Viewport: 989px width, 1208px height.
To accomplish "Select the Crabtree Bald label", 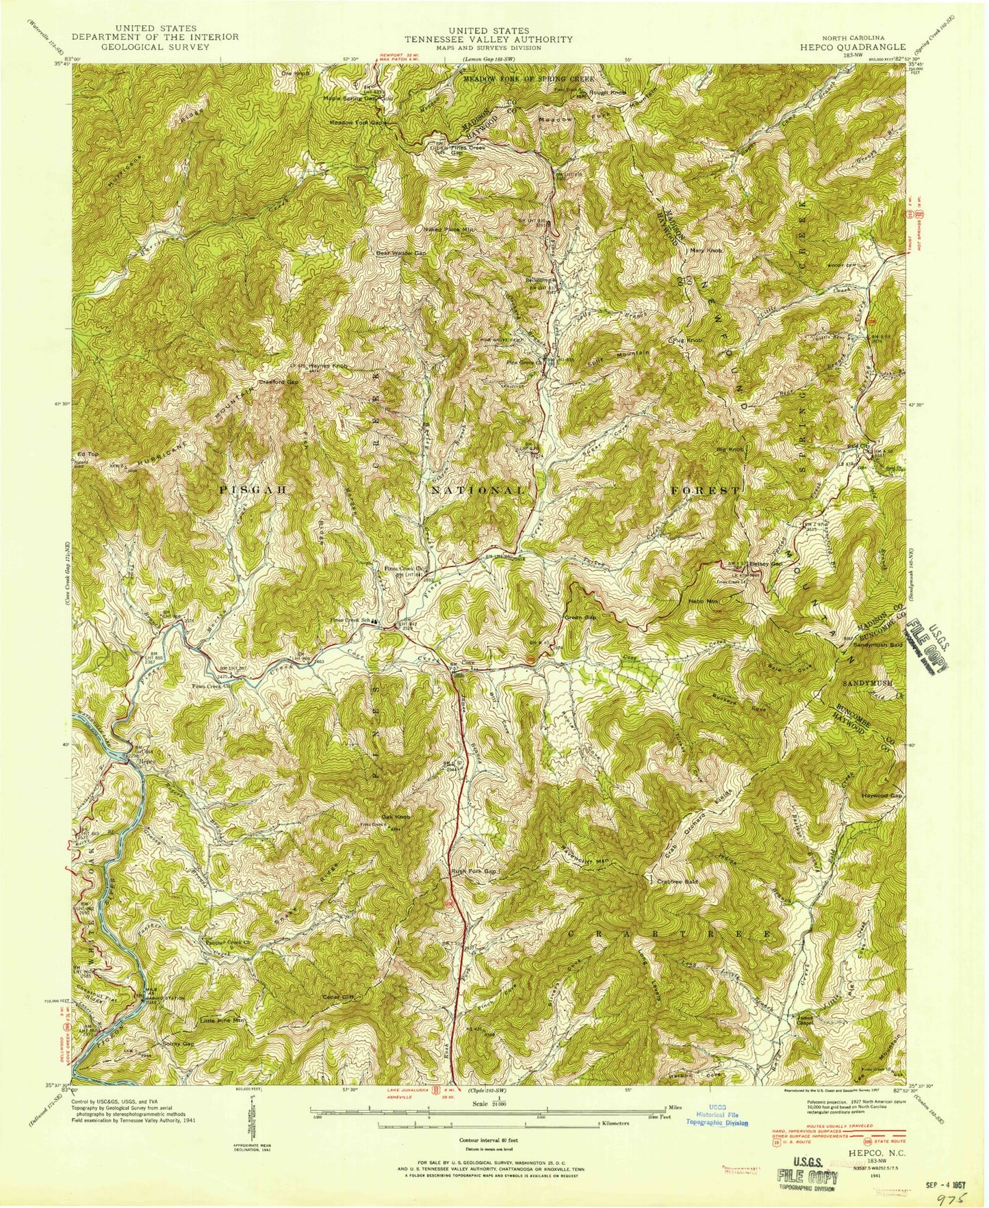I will [677, 882].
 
